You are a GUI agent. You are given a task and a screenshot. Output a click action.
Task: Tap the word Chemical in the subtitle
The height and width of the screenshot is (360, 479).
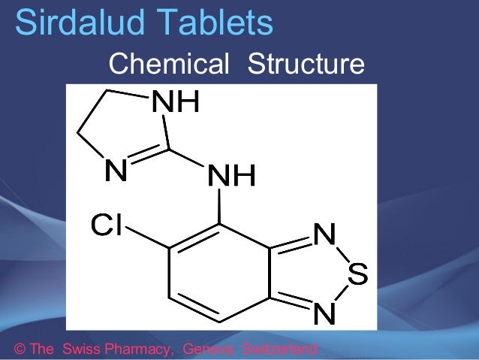coord(168,65)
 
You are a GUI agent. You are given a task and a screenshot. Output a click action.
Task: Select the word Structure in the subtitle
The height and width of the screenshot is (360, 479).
coord(306,65)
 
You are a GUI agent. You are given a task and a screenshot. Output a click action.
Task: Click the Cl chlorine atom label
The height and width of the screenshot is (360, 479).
coord(106,224)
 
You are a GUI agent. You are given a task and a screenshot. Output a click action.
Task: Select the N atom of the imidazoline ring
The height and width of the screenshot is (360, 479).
coord(115,172)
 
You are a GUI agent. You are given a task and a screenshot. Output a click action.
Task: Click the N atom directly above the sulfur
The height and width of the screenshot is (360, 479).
coord(324,235)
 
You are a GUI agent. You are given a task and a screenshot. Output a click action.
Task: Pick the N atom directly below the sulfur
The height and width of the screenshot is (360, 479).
coord(324,315)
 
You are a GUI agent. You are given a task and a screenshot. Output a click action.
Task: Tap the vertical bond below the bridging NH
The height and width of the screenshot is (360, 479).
coord(220,207)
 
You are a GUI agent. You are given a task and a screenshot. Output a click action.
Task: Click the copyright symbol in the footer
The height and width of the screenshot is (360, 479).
coord(20,349)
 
